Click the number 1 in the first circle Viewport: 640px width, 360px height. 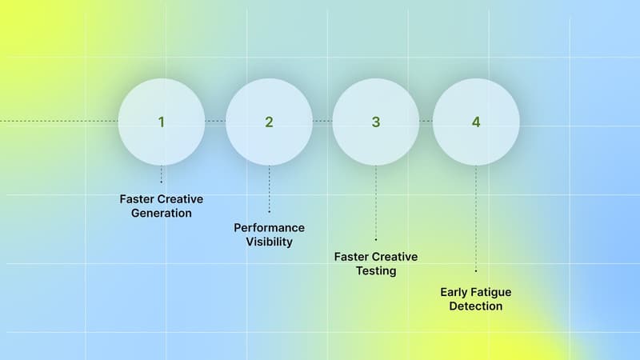coord(161,122)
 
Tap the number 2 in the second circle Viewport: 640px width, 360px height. coord(269,122)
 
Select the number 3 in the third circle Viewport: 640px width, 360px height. coord(375,122)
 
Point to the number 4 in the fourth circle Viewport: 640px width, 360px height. coord(476,122)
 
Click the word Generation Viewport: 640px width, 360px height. coord(161,214)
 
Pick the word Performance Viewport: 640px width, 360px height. coord(269,228)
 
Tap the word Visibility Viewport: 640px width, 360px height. coord(269,242)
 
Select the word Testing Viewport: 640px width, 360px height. coord(376,271)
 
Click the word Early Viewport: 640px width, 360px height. coord(454,292)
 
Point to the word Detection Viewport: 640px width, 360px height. coord(476,306)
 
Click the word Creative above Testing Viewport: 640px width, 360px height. coord(397,257)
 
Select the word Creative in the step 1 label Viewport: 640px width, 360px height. coord(182,199)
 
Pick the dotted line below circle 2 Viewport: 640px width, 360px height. coord(269,188)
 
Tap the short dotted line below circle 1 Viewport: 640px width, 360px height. coord(161,174)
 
